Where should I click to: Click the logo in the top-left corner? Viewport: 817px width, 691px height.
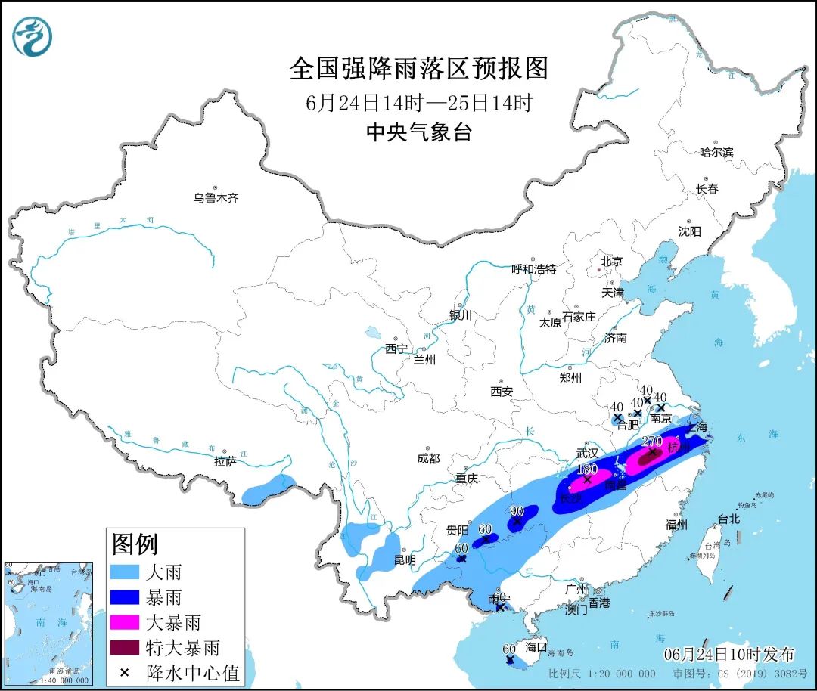[x=33, y=36]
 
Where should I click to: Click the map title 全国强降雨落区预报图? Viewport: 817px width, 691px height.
[x=418, y=69]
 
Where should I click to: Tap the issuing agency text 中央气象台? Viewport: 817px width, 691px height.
[x=418, y=133]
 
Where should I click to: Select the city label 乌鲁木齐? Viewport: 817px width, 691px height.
[x=216, y=199]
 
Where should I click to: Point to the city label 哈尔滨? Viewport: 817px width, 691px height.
[x=716, y=152]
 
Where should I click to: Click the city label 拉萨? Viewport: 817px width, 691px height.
[x=225, y=460]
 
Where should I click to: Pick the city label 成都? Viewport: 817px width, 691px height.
[x=427, y=458]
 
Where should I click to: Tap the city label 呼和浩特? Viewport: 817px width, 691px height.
[x=533, y=269]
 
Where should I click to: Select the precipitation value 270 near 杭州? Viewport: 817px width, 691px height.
[x=651, y=441]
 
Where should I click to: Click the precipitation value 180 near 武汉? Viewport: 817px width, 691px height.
[x=587, y=469]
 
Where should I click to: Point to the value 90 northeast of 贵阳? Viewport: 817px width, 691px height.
[x=517, y=511]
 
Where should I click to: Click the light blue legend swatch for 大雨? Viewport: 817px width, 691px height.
[x=126, y=572]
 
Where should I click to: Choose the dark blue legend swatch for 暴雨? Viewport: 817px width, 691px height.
[x=126, y=596]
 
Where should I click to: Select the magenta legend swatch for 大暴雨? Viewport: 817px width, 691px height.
[x=126, y=622]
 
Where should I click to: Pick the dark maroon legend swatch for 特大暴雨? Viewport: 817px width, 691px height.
[x=126, y=648]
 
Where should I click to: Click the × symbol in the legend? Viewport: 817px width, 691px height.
[x=126, y=672]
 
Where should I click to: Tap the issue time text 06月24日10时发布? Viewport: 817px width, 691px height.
[x=729, y=654]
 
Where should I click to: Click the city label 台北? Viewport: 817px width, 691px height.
[x=728, y=519]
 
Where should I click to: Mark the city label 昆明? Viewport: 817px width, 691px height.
[x=405, y=560]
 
